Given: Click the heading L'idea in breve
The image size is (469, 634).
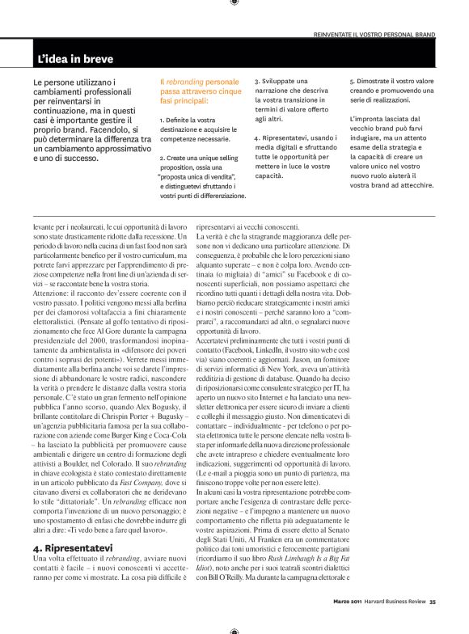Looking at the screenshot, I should [75, 59].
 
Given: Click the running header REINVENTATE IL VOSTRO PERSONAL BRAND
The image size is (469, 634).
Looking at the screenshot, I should [374, 36].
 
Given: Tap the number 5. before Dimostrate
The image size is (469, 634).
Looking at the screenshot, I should [353, 82].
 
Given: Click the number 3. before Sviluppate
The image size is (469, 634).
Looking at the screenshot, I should [257, 82].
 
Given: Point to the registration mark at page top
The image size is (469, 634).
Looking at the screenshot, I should [234, 3].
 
